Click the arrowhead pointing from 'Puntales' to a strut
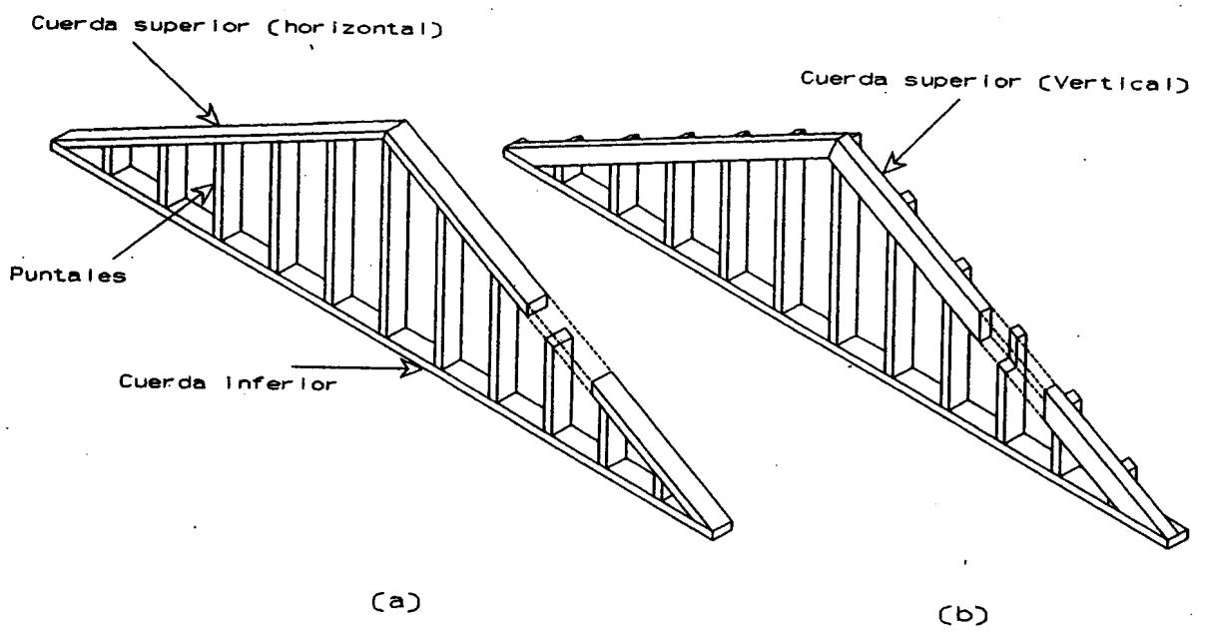coord(207,187)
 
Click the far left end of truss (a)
coord(53,143)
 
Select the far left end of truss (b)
coord(505,151)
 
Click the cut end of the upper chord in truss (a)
coord(536,303)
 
